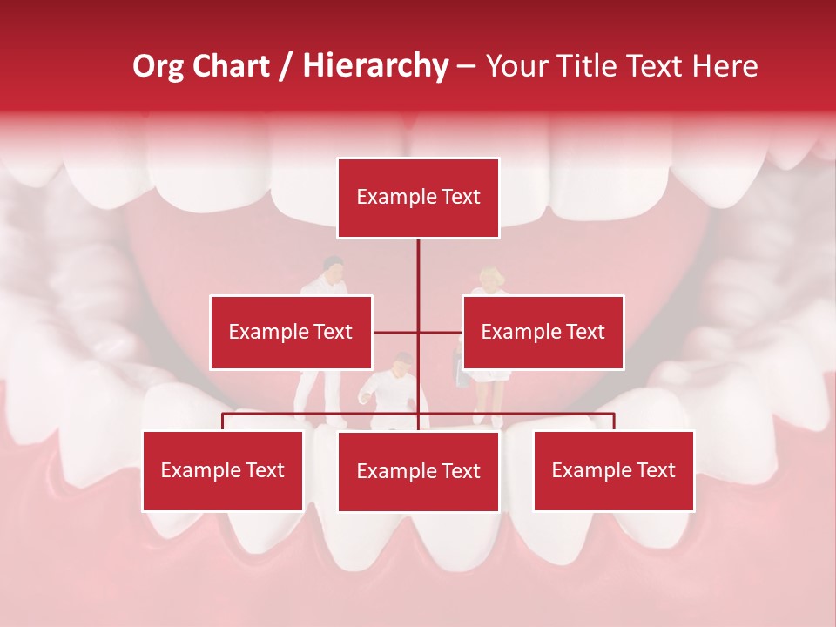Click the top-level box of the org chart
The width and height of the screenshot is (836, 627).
pyautogui.click(x=418, y=198)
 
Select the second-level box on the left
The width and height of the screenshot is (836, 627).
pyautogui.click(x=291, y=332)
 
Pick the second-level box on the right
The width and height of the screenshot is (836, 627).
pyautogui.click(x=543, y=332)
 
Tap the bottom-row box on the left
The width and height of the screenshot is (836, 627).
pyautogui.click(x=223, y=470)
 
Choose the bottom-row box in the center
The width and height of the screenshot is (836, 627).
pyautogui.click(x=418, y=471)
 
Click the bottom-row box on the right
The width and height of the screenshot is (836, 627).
pyautogui.click(x=613, y=470)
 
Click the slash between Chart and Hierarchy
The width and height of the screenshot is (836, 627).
pyautogui.click(x=287, y=66)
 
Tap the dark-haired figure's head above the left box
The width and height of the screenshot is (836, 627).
pyautogui.click(x=332, y=264)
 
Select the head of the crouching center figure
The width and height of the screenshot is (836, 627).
pyautogui.click(x=401, y=364)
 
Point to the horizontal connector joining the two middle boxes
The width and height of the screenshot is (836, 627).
pyautogui.click(x=417, y=332)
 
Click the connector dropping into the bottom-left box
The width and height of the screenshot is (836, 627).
pyautogui.click(x=223, y=421)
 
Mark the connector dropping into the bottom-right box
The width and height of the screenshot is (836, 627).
pyautogui.click(x=613, y=421)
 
